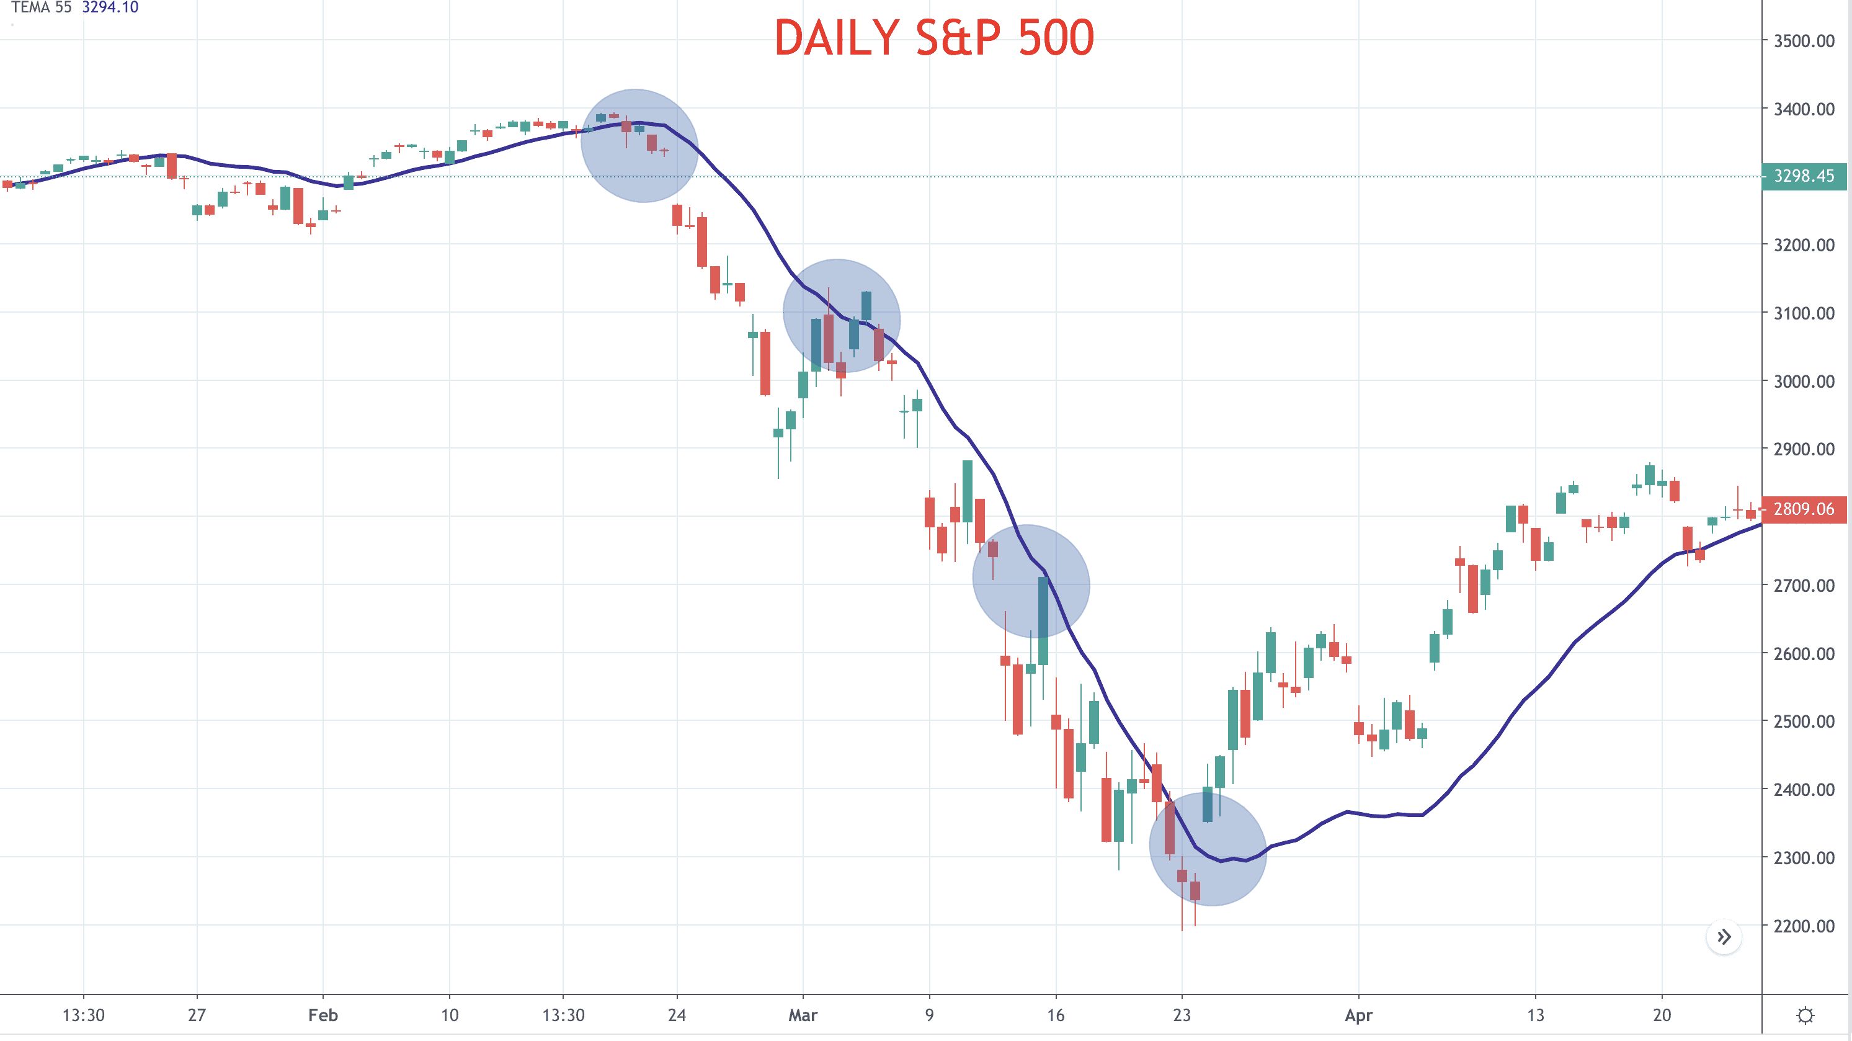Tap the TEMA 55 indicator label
click(42, 8)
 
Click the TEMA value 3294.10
click(110, 8)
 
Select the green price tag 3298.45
click(1803, 176)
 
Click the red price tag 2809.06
click(1803, 509)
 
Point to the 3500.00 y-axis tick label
click(1803, 41)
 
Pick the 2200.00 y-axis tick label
click(1803, 926)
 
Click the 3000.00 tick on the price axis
click(1803, 381)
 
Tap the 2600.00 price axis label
click(1803, 653)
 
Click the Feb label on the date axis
click(323, 1015)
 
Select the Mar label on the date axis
click(803, 1015)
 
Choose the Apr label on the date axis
click(1358, 1015)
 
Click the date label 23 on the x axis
click(1182, 1015)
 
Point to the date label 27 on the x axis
click(197, 1015)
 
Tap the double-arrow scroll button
click(1724, 937)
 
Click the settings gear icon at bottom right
click(1804, 1015)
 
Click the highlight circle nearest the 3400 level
click(639, 146)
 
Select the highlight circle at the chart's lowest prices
click(1208, 848)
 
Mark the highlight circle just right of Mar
click(841, 316)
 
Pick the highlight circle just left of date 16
click(1031, 581)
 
